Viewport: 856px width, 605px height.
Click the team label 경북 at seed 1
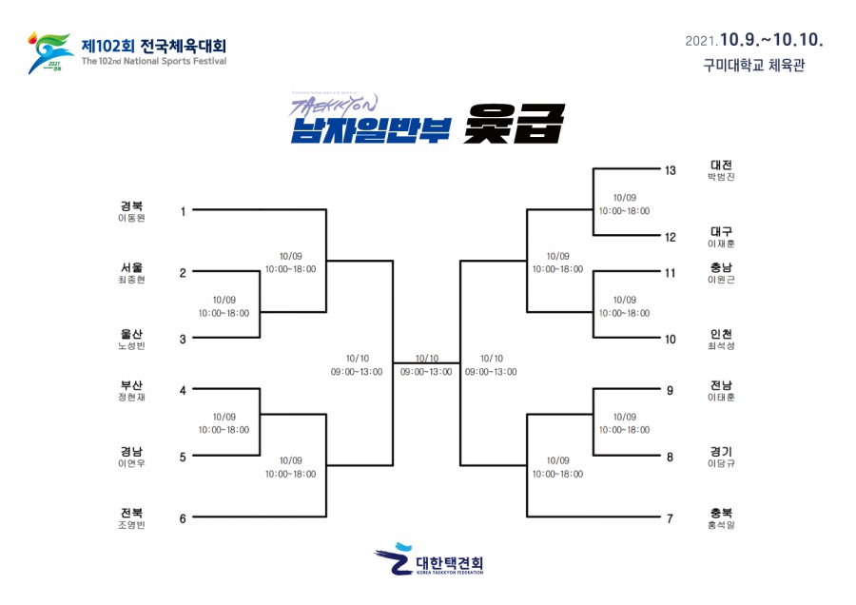[x=130, y=205]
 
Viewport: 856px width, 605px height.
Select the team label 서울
[x=130, y=267]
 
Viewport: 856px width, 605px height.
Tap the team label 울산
[x=130, y=332]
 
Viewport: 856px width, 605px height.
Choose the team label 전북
[x=130, y=512]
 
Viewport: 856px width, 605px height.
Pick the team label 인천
[x=721, y=334]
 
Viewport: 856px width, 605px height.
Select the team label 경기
[x=721, y=451]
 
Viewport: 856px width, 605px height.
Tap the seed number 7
[x=670, y=518]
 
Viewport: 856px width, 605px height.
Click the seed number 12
[x=670, y=237]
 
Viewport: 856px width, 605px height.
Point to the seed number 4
[x=183, y=390]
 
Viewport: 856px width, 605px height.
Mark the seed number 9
[x=670, y=390]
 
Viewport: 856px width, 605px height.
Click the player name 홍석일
[x=721, y=525]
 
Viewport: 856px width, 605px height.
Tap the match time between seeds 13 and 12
[x=624, y=204]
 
